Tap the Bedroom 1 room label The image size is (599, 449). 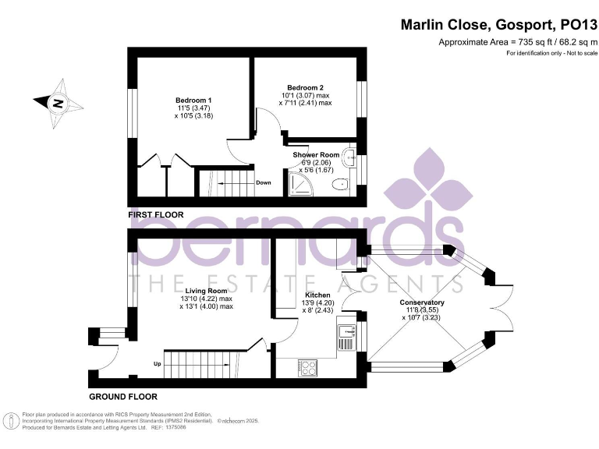point(193,101)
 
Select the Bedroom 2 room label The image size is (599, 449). point(306,87)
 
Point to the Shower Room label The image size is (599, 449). point(316,154)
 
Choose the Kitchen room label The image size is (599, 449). point(317,295)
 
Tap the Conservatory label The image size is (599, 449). point(422,302)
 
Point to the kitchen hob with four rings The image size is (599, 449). point(307,366)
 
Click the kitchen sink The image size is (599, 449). point(344,337)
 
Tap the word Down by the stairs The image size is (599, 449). point(263,183)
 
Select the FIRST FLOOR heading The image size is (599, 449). point(156,214)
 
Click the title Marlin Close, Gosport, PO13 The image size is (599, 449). point(498,25)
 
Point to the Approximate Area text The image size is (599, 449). point(517,42)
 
